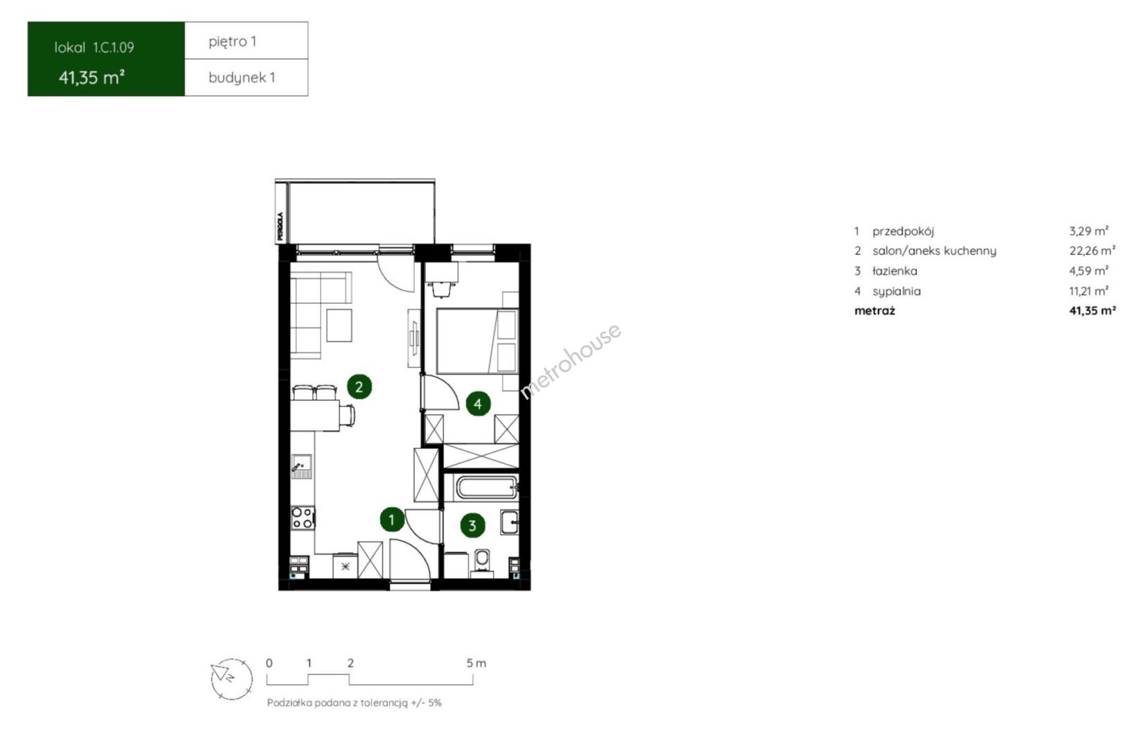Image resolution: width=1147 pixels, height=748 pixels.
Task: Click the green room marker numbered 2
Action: click(359, 386)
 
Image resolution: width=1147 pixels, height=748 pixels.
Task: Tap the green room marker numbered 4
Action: click(478, 404)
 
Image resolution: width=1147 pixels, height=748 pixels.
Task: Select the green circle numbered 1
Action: click(392, 520)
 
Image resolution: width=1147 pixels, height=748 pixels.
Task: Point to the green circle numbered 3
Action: click(472, 525)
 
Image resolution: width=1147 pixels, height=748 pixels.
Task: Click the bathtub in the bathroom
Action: click(486, 487)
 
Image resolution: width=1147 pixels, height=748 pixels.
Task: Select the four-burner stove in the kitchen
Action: click(303, 517)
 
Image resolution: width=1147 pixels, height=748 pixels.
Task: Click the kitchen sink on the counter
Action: click(301, 466)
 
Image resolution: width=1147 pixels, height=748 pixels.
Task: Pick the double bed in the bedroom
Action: click(477, 341)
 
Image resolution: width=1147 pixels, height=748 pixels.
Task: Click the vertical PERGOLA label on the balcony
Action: click(280, 226)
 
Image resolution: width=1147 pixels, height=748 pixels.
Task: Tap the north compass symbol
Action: click(231, 679)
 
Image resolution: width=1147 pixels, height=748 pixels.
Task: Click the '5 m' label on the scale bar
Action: click(477, 663)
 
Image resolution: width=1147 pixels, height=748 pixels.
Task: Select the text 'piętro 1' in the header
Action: click(232, 42)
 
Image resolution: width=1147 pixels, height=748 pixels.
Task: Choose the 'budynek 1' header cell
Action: click(247, 78)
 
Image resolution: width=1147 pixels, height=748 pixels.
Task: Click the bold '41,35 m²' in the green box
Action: click(92, 78)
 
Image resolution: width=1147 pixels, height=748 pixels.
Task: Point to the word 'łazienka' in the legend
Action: click(895, 271)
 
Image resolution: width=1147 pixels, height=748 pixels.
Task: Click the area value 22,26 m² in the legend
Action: click(1092, 251)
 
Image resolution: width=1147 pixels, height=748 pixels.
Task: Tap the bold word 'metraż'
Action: click(875, 311)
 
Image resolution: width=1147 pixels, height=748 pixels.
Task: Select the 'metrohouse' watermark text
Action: click(571, 360)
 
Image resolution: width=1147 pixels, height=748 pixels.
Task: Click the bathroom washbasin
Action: click(510, 523)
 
